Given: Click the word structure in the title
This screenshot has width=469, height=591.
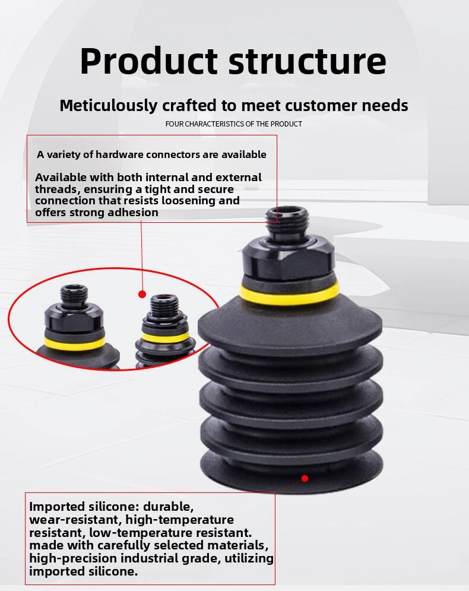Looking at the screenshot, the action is [308, 62].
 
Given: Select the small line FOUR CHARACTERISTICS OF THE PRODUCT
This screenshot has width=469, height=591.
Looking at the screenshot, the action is [233, 124].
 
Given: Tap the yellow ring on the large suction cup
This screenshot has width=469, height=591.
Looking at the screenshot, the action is [289, 295].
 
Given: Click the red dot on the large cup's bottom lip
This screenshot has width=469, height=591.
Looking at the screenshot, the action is [305, 478].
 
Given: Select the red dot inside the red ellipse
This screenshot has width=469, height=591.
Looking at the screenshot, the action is [142, 294].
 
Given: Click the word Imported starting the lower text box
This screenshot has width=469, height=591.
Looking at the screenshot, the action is [57, 507].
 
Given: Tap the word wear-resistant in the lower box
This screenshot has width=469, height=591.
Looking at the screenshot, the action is [75, 520].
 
